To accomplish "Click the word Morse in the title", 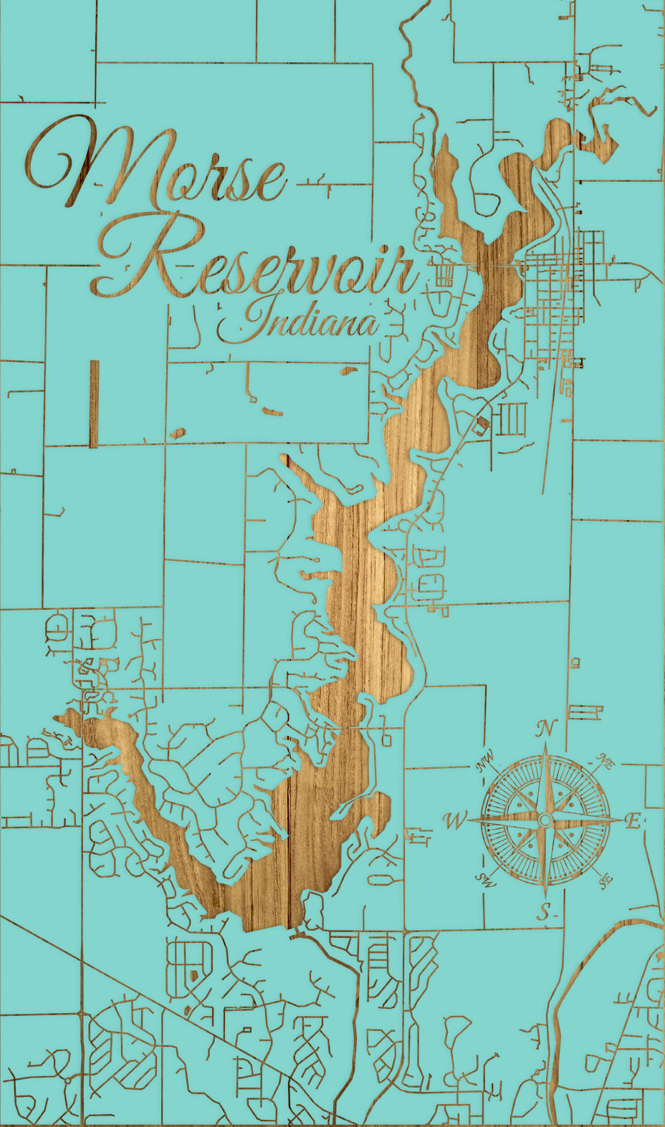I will pyautogui.click(x=158, y=168).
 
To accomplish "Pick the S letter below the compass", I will pyautogui.click(x=545, y=912).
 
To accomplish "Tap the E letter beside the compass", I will pyautogui.click(x=633, y=821).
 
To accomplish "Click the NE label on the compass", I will pyautogui.click(x=606, y=762).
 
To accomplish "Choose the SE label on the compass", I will pyautogui.click(x=606, y=881).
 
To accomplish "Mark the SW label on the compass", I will pyautogui.click(x=487, y=881).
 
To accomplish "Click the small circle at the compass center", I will pyautogui.click(x=545, y=820).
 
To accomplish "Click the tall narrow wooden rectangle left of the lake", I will pyautogui.click(x=94, y=404).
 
